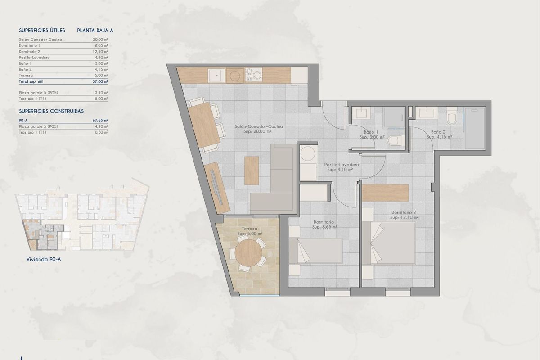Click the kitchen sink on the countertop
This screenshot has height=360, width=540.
215,75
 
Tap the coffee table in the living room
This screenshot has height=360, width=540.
252,170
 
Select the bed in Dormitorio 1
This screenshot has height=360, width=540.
315,251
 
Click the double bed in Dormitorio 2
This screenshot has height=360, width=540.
391,243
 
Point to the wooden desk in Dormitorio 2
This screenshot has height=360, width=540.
386,193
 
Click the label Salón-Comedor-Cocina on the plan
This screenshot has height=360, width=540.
259,127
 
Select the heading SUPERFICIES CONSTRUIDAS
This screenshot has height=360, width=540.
51,111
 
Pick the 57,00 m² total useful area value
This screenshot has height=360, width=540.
100,82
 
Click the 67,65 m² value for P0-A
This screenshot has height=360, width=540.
100,121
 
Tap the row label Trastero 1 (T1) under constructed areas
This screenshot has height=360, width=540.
32,132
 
